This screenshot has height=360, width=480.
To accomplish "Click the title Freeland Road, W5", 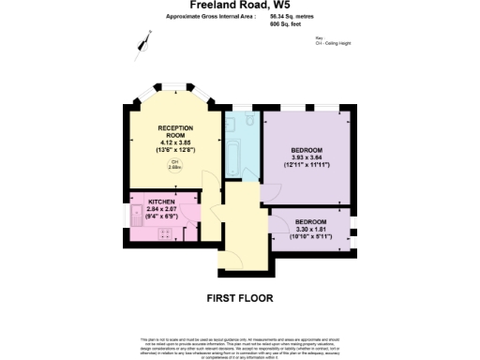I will point(239,5).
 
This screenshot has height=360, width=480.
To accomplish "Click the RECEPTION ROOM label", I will point(175,130).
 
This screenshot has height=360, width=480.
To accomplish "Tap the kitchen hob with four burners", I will point(168,232).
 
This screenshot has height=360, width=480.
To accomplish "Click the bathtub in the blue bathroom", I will point(232,155).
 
